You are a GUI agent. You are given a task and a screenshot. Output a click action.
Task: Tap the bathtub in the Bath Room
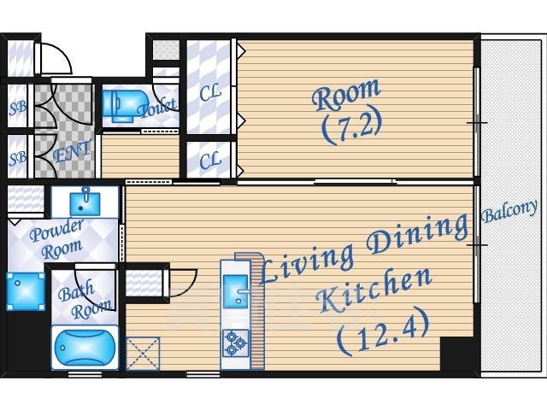[x=85, y=348]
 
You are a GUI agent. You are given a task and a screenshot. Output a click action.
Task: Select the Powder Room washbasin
[x=85, y=203]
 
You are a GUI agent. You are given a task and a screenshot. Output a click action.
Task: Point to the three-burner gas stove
[x=236, y=343]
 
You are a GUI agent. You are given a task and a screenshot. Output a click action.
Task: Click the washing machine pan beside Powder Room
[x=26, y=291]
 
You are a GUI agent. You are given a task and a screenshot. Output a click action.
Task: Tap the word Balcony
[x=509, y=211]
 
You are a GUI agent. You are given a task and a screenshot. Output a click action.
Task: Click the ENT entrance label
[x=72, y=152]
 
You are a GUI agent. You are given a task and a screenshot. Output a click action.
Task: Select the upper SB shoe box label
[x=17, y=108]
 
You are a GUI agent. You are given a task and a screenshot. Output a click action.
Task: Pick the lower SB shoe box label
[x=17, y=159]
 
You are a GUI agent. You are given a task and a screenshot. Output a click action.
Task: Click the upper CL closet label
[x=210, y=92]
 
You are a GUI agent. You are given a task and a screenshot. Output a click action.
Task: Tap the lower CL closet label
[x=210, y=161]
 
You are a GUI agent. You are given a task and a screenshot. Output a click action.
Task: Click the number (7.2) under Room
[x=351, y=127]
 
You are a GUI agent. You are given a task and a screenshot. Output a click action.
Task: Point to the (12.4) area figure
[x=383, y=332]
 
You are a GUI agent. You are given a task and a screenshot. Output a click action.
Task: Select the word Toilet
[x=157, y=108]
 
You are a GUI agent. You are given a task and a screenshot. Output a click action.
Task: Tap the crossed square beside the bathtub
[x=143, y=353]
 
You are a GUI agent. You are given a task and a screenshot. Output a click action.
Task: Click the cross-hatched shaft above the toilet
[x=167, y=50]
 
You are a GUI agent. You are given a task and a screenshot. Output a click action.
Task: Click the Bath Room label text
[x=85, y=300]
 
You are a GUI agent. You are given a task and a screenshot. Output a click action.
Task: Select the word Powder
[x=57, y=230]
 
